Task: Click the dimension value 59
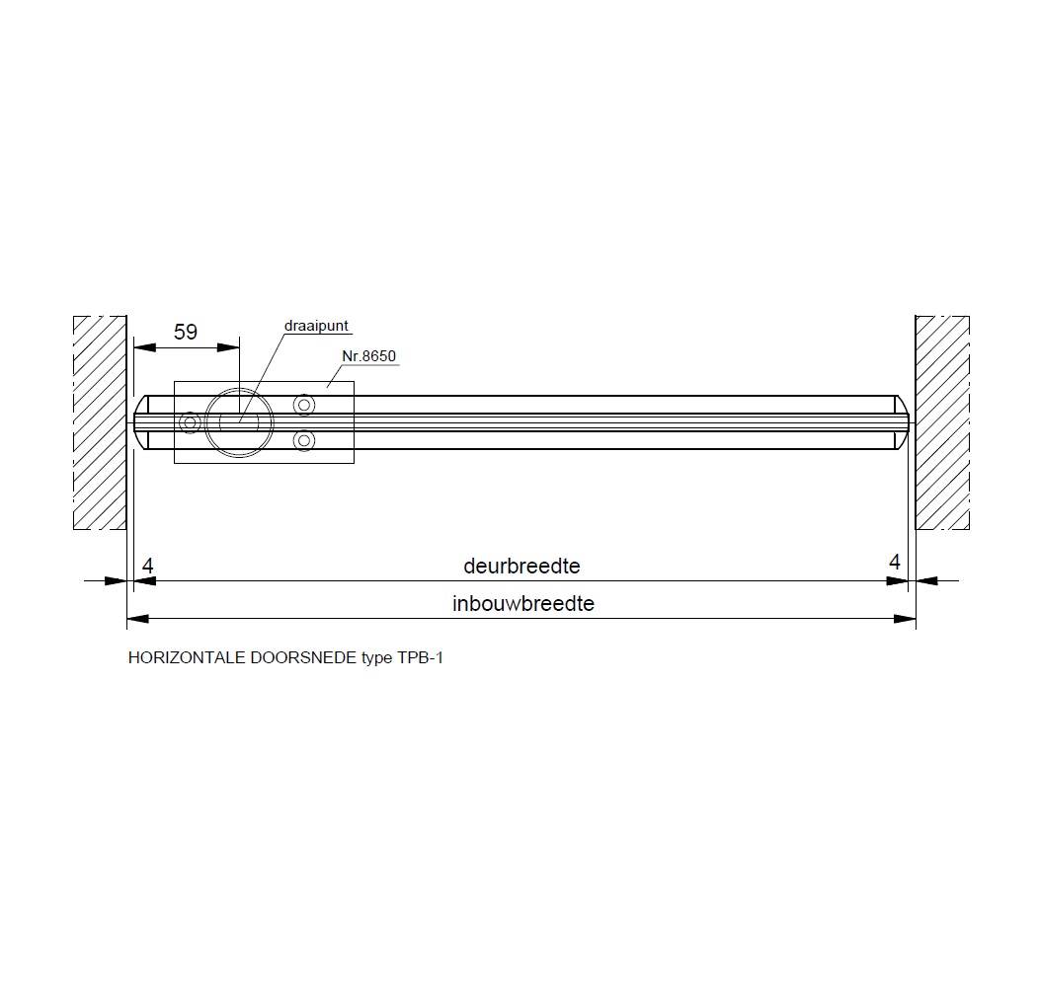186,332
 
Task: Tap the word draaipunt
316,326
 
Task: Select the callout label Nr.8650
368,355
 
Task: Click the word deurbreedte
521,566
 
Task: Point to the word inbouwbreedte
522,603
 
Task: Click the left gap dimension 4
148,566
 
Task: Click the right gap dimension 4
895,562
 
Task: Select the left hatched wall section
100,422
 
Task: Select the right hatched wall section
942,422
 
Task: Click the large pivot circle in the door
239,388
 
